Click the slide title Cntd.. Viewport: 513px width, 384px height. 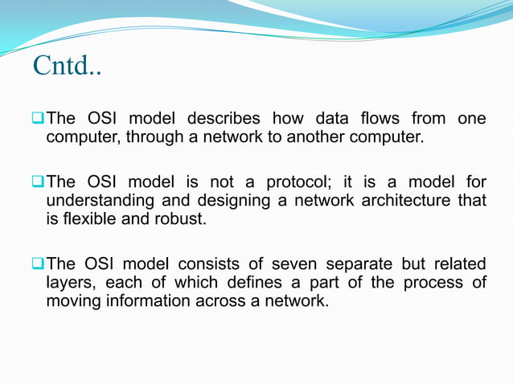click(x=67, y=66)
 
